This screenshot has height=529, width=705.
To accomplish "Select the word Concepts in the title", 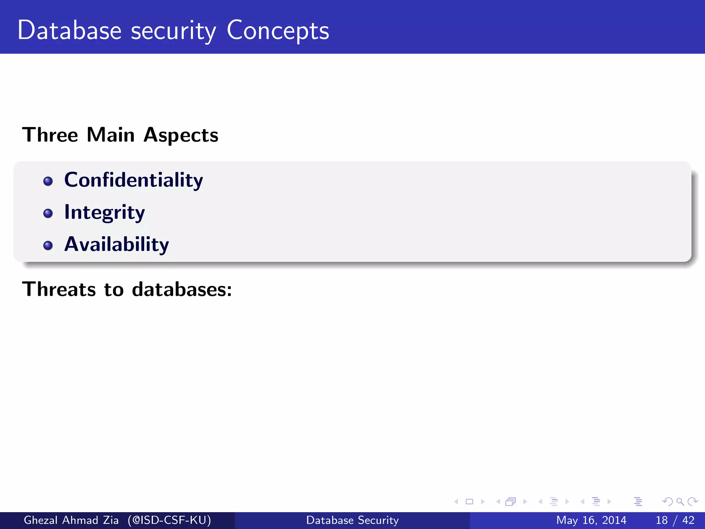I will point(278,31).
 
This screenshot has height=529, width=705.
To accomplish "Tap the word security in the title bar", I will point(173,31).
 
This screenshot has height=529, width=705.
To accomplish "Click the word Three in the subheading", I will point(50,135).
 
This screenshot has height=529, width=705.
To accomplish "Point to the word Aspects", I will point(181,135).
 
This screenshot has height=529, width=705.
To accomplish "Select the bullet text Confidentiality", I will point(134,180).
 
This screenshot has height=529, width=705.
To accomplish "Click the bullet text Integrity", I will point(105,212).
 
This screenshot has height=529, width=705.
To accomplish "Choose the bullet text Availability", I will point(116,244).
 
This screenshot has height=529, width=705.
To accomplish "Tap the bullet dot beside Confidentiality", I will point(48,181).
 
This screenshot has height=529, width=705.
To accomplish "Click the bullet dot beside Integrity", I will point(48,214).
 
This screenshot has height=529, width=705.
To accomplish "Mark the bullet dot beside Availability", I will point(48,246).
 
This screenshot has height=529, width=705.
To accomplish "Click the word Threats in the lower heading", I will point(59,289).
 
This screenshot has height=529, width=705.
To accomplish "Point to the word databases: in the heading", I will point(182,289).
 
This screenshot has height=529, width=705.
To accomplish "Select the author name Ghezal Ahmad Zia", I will point(71,520).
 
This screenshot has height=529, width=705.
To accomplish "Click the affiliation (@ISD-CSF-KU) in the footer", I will point(169,520).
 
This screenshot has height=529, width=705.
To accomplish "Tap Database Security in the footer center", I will point(352,520).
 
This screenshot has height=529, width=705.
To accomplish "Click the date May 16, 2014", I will point(591,520).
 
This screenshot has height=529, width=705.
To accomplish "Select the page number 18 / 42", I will point(675,520).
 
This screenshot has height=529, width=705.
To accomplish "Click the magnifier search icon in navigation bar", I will point(680,501).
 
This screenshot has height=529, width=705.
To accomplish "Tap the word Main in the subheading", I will point(111,135).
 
